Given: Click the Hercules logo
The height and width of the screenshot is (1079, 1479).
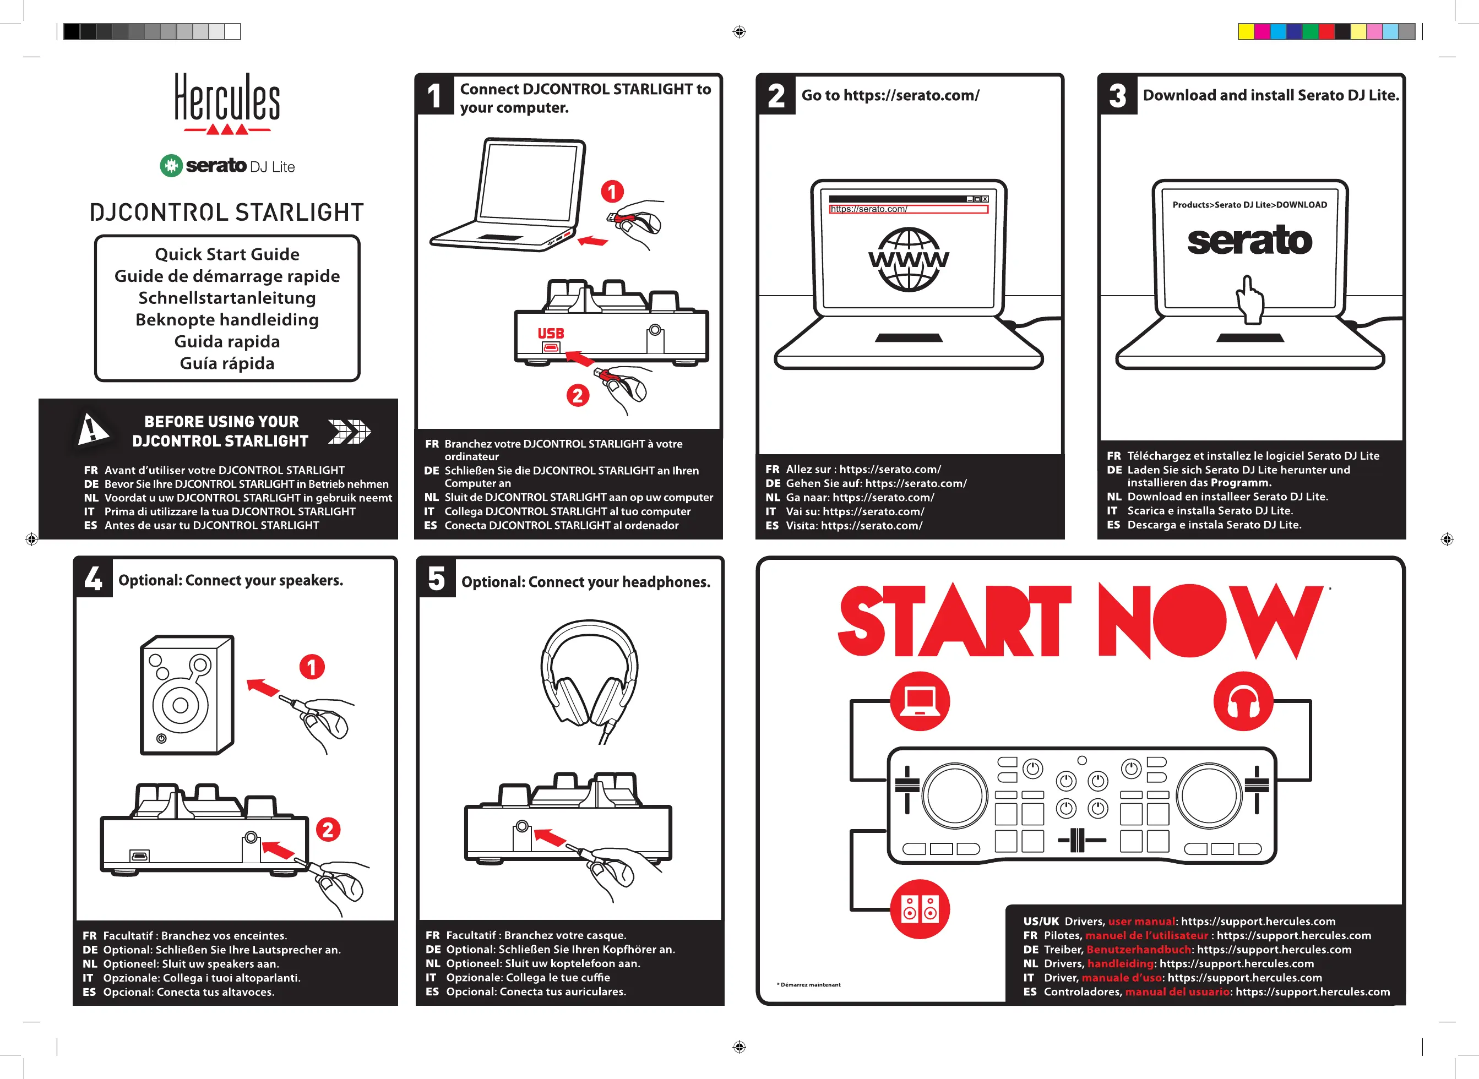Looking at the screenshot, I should coord(227,103).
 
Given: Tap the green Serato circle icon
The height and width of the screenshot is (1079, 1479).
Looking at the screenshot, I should coord(171,166).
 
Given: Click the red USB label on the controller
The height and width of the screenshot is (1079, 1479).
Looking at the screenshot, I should coord(551,334).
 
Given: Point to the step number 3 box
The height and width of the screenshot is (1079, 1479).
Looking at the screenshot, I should coord(1118,95).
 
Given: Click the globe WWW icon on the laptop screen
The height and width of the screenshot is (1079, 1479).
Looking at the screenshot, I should coord(909,259).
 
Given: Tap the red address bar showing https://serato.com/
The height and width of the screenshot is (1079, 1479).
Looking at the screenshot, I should coord(908,209).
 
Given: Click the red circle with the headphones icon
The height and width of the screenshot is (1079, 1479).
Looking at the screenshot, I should coord(1243,701).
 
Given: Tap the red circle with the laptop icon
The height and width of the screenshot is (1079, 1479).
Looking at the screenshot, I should coord(920,701).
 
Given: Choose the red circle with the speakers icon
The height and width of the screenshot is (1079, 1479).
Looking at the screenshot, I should coord(920,909).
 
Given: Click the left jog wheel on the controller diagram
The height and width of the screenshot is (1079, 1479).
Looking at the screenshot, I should coord(954,796).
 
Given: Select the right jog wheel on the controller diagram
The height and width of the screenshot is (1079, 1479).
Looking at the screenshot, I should coord(1209,796).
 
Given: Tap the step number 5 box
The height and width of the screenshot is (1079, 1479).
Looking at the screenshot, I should coord(437,579).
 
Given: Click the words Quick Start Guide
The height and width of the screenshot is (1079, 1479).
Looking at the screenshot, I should coord(227,254).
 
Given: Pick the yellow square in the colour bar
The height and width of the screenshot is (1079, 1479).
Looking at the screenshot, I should coord(1246,31).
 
